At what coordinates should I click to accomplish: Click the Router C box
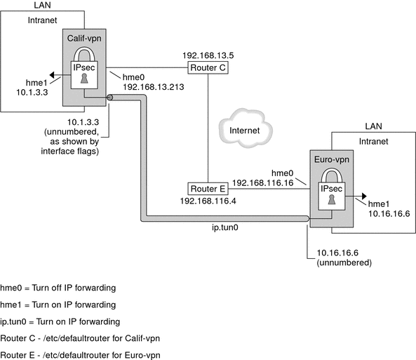[x=208, y=67]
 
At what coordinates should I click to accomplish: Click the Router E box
[x=208, y=188]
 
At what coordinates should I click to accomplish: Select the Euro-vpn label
[x=331, y=161]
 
